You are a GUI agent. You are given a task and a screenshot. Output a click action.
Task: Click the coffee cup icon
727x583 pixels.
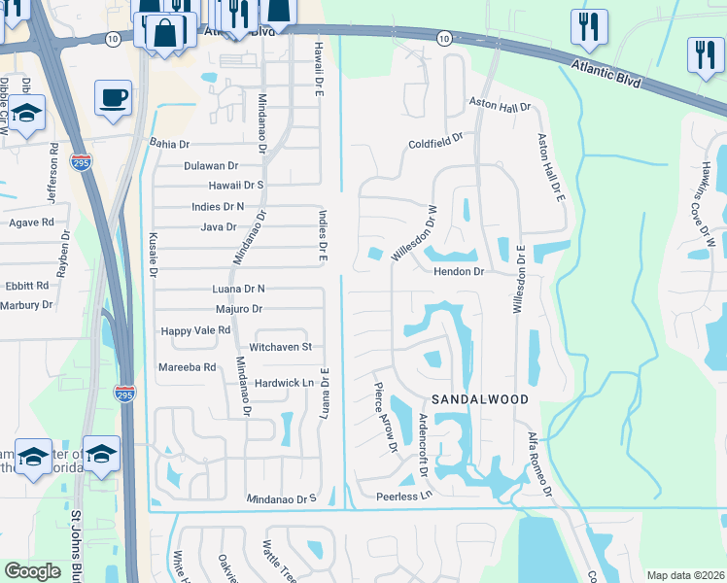113,97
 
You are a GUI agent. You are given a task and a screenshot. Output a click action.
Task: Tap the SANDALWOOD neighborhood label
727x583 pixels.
480,399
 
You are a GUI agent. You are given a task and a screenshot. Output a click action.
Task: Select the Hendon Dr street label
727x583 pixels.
459,272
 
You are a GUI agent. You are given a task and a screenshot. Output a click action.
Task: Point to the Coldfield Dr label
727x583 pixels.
436,143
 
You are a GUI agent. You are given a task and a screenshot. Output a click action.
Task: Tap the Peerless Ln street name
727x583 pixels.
403,496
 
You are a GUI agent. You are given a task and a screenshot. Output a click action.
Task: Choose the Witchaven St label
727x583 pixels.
280,347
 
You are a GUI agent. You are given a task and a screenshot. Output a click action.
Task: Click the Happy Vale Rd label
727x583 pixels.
195,330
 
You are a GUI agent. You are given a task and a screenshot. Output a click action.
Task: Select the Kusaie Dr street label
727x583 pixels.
153,255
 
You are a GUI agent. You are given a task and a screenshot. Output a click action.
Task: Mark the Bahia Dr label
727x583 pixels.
170,143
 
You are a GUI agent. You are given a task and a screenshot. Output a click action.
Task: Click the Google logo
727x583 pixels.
33,571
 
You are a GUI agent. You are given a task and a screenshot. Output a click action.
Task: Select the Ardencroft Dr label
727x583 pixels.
422,445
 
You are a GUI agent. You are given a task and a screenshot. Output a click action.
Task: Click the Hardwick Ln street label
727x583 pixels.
284,383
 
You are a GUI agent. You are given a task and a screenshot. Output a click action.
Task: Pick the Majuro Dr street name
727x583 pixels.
239,309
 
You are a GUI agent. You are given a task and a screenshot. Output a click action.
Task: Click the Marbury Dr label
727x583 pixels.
26,305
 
